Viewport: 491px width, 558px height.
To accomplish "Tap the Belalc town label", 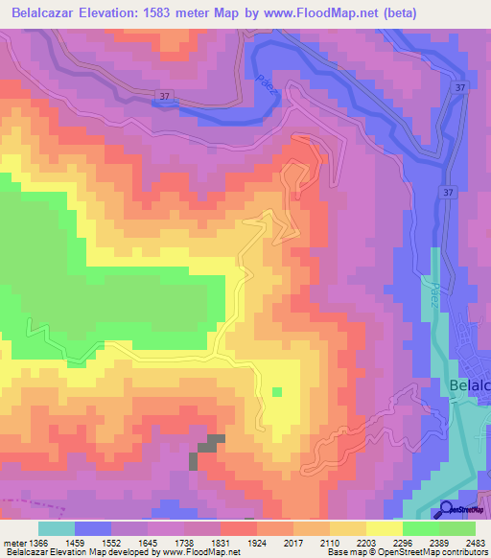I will [x=469, y=384].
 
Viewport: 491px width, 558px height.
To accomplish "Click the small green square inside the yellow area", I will [x=277, y=391].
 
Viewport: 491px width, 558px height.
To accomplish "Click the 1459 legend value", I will [x=93, y=544].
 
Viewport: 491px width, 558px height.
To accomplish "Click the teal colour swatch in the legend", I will [x=57, y=528].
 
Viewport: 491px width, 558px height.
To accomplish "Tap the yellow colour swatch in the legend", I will [x=384, y=528].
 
